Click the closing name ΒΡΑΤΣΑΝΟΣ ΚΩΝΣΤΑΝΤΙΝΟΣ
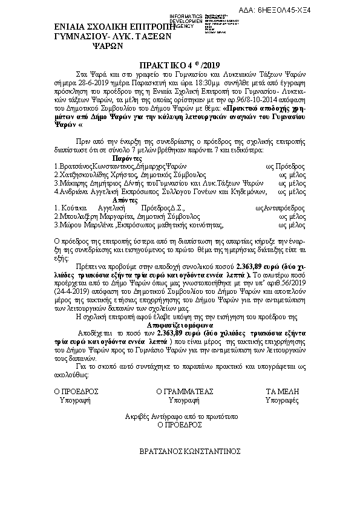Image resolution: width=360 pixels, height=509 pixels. pos(190,452)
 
